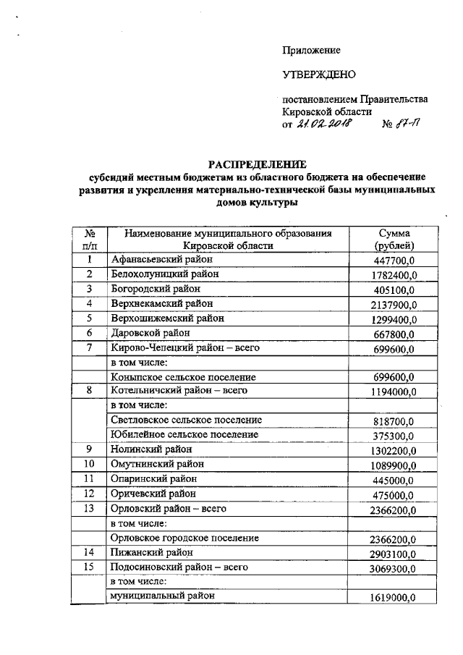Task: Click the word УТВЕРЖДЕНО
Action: [319, 75]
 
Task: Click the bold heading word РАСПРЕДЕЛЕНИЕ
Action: [258, 164]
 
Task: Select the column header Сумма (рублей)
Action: [393, 240]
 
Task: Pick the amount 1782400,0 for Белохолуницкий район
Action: [391, 275]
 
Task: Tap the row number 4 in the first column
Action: [90, 303]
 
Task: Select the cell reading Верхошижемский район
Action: [167, 318]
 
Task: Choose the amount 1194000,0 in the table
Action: [391, 392]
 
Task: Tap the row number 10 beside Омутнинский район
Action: [90, 463]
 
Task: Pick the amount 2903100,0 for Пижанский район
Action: [391, 554]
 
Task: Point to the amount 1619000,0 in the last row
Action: [391, 598]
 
